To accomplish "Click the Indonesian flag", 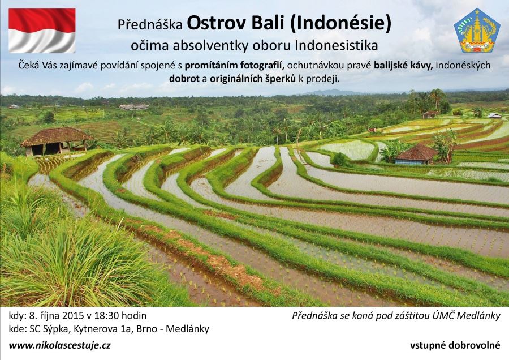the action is [x=42, y=31].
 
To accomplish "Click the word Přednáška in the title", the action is [x=150, y=25].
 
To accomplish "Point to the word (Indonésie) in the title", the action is [x=341, y=24].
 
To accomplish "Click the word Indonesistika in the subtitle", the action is [x=337, y=45].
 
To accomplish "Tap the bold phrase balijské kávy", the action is [x=403, y=65].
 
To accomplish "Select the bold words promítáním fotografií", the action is [x=234, y=65].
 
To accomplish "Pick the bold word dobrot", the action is [x=184, y=79].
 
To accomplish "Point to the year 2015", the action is [x=74, y=315].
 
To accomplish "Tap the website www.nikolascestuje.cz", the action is [x=60, y=345].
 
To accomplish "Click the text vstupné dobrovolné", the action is [x=455, y=345].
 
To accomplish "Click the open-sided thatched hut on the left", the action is [x=56, y=141].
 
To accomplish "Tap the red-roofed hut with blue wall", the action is [x=416, y=154].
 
